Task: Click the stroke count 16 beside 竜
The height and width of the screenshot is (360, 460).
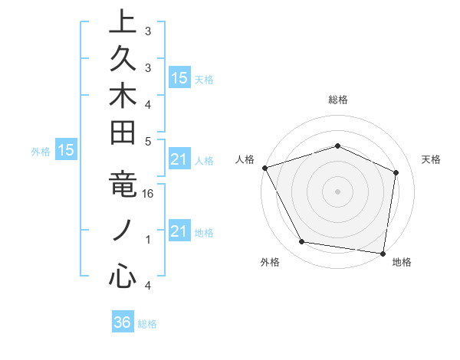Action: point(148,195)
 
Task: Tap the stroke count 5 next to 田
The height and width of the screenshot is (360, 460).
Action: point(148,141)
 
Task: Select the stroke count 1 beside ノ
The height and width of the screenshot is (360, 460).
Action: point(148,240)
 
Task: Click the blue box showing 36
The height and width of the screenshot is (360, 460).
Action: point(123,322)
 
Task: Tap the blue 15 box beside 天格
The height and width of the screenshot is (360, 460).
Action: point(179,77)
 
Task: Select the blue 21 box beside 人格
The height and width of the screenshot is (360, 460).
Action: point(179,159)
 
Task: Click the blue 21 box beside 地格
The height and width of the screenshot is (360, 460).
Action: point(179,231)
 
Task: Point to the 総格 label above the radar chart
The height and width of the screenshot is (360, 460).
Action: point(337,100)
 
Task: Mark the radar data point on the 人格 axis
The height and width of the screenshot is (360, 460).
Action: point(264,168)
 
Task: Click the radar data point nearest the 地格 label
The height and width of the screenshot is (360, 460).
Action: point(383,252)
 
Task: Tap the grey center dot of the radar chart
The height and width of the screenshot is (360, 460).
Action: point(337,191)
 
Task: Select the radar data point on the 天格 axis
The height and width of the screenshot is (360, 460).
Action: point(396,172)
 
